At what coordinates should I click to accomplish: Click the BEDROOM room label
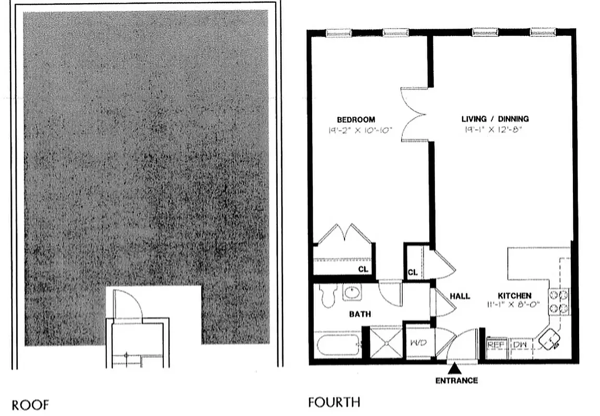click(x=355, y=120)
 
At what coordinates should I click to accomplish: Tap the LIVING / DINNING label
click(x=495, y=119)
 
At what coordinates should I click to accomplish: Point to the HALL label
click(x=460, y=296)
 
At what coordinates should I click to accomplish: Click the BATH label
click(x=360, y=314)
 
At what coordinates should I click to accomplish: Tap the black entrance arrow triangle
click(x=454, y=369)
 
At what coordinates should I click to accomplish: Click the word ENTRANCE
click(x=456, y=381)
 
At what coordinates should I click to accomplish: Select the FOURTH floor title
click(x=334, y=402)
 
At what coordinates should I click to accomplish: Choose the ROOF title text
click(x=30, y=405)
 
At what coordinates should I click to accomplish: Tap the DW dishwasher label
click(x=519, y=344)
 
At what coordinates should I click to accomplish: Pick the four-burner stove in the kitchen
click(x=558, y=302)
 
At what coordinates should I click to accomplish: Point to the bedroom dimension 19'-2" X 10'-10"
click(x=356, y=130)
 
